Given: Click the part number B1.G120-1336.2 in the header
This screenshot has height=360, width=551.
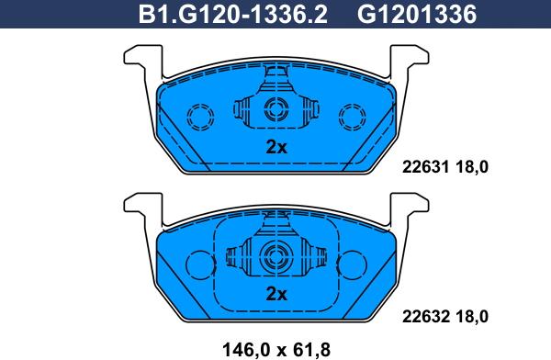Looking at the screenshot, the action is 232,14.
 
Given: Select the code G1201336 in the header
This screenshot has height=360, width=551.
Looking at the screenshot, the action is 417,14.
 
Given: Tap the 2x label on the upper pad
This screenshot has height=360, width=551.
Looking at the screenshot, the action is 276,147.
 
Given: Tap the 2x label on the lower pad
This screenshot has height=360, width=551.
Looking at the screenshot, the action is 276,294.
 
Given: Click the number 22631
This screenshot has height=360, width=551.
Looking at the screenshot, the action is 425,166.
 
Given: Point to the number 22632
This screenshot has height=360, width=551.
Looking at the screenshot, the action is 425,317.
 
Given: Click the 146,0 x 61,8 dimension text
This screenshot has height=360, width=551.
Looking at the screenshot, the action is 276,350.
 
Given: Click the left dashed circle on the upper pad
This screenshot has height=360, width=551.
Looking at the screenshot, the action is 200,104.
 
